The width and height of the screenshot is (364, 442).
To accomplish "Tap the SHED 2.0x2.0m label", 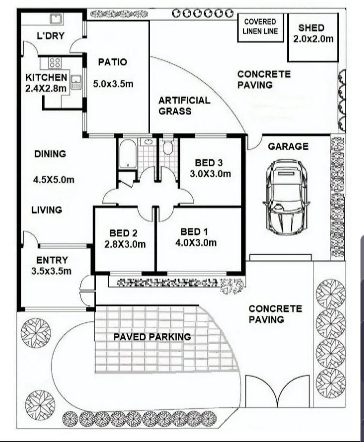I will pos(311,34).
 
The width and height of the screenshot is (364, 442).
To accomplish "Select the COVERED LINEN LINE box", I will pos(261,27).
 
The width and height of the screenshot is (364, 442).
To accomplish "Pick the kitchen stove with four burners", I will pos(55,63).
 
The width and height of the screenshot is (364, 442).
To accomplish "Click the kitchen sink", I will pos(76,82).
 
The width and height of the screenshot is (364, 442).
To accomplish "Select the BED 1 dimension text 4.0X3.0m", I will pos(196,243).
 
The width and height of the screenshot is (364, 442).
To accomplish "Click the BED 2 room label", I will pos(123,233).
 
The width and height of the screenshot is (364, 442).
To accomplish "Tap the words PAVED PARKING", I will pos(152,337).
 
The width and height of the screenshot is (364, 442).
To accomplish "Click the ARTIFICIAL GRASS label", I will pos(184,106).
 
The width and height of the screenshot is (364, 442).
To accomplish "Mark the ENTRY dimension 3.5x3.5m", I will pos(52,271).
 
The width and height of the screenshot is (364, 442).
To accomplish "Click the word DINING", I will pos(50,154).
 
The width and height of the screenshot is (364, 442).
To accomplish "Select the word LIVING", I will pos(47,210).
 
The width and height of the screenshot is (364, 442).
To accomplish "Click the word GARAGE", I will pos(288,147).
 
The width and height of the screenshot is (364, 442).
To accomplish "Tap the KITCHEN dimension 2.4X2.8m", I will pos(46,88).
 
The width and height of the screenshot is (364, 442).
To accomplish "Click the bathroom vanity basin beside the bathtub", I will pos(146,143).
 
